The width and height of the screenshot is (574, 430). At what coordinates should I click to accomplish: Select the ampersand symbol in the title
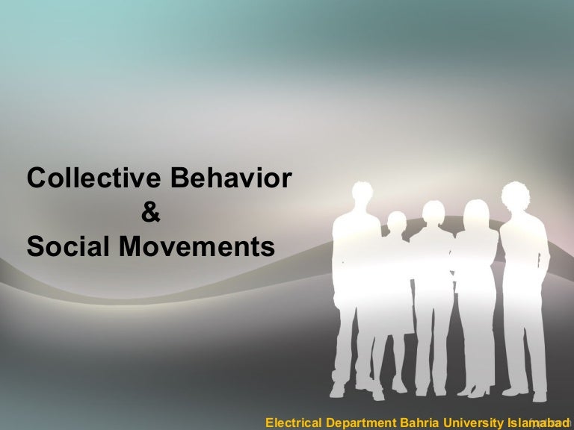click(150, 213)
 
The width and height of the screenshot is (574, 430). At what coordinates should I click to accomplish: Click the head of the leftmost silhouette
click(361, 199)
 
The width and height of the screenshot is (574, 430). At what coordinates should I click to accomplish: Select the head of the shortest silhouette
click(397, 222)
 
